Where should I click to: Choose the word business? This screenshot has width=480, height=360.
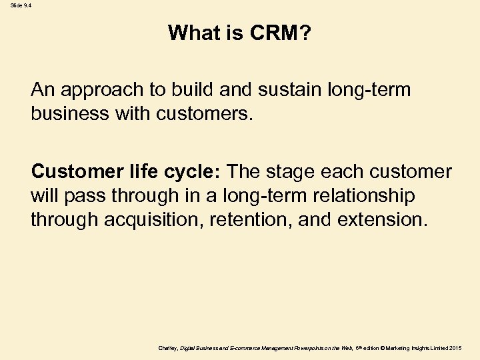click(71, 113)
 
